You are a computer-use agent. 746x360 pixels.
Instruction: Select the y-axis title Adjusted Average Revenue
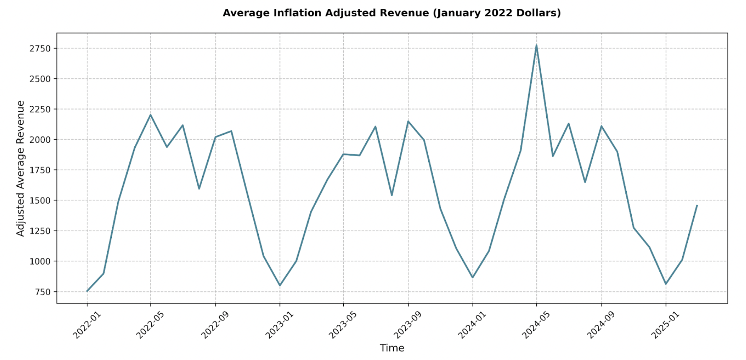pos(21,168)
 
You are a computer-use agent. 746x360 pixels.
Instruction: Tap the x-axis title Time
pos(392,348)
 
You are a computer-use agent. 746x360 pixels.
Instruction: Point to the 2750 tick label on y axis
pos(40,49)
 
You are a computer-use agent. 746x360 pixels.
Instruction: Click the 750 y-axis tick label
pos(43,292)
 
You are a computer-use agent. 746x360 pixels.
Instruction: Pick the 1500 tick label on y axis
pos(40,201)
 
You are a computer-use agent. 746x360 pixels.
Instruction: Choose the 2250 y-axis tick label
pos(40,109)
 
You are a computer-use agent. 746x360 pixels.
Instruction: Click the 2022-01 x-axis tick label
pos(87,326)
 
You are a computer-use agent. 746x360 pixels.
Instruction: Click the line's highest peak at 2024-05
pos(536,45)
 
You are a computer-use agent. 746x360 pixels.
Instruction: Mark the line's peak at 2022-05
pos(151,115)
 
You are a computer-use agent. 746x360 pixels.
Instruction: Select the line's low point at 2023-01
pos(280,285)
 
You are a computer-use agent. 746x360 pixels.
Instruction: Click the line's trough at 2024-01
pos(473,278)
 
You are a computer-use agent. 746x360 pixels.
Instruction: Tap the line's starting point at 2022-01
pos(87,291)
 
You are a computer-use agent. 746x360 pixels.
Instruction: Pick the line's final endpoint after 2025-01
pos(697,205)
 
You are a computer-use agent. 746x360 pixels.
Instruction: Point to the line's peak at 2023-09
pos(408,121)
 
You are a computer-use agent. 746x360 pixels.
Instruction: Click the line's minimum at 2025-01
pos(666,284)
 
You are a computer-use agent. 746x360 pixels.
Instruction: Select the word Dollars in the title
pos(540,13)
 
